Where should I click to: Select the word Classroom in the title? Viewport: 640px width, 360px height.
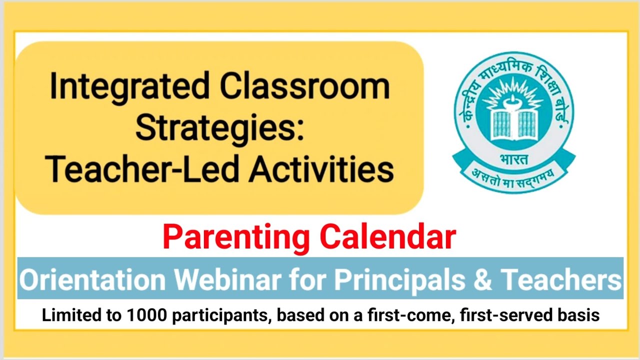305,86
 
